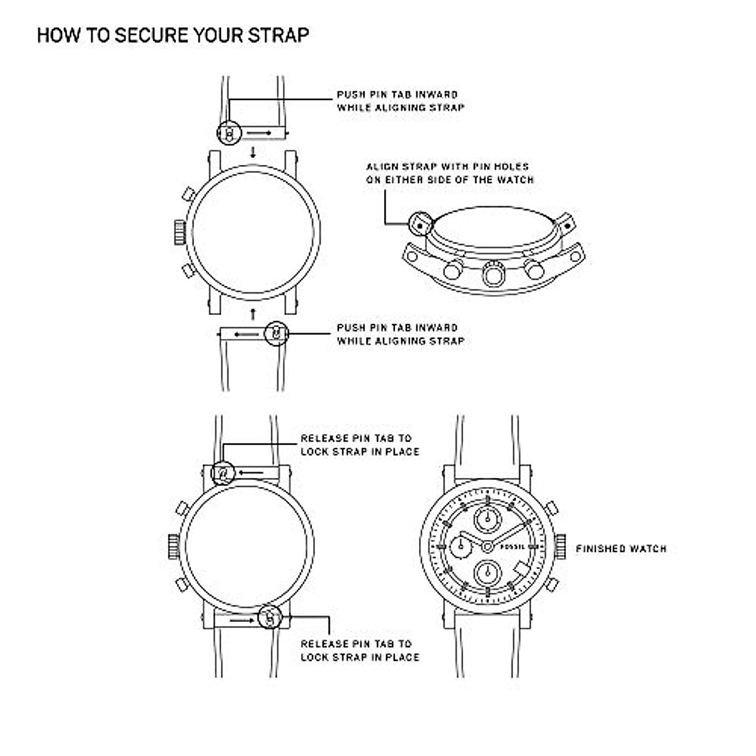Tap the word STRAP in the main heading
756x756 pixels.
point(278,35)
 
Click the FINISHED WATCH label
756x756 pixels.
point(621,549)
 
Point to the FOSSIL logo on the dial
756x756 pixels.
point(512,546)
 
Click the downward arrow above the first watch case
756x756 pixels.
point(253,152)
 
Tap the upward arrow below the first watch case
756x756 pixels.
point(253,312)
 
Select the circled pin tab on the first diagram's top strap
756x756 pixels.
point(229,134)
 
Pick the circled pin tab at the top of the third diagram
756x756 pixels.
point(223,472)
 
